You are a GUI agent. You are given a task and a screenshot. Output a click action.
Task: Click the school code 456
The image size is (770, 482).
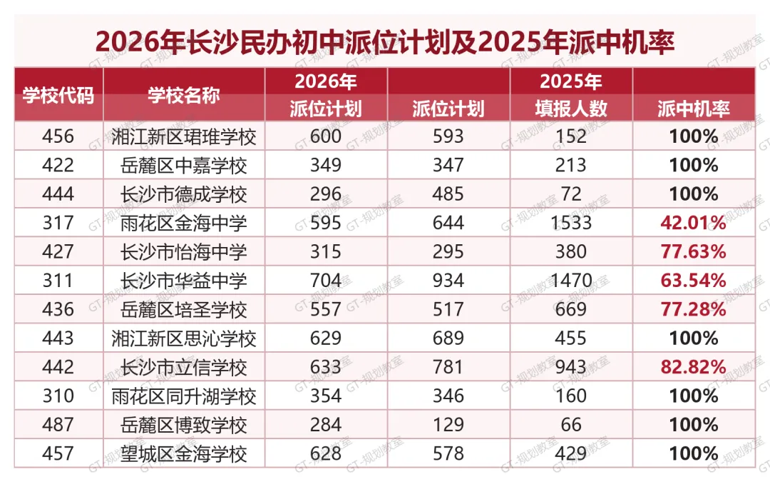(58, 136)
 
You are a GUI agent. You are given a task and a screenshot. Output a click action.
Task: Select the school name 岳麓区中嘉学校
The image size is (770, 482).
(184, 165)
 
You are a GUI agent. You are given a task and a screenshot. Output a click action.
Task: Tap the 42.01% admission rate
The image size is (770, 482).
(693, 223)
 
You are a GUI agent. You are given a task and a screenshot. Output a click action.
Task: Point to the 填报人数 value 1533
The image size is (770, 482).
(570, 223)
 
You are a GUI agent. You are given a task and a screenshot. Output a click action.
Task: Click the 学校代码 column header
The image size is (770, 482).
(58, 95)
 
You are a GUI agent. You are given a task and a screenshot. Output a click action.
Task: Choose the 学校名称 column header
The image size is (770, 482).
(184, 95)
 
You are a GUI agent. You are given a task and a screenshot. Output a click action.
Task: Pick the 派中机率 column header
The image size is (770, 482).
(694, 109)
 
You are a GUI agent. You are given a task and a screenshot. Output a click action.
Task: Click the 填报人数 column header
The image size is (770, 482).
(571, 109)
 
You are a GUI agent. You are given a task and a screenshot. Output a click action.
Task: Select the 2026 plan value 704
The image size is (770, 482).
(326, 281)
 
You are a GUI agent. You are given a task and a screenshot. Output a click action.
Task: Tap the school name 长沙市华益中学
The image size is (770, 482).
(184, 281)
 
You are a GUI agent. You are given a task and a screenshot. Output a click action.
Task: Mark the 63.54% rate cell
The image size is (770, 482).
(693, 281)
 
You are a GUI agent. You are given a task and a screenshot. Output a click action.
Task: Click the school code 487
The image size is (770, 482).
(58, 424)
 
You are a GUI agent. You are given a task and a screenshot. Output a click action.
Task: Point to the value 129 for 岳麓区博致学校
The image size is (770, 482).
(448, 424)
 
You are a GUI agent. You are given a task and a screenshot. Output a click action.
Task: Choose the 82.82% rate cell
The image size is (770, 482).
(693, 367)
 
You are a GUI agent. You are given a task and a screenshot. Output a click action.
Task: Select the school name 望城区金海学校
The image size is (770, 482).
(184, 454)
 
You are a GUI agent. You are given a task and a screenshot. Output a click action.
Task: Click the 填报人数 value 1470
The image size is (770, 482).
(570, 281)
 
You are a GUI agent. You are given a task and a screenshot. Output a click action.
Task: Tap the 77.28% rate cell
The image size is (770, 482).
(693, 309)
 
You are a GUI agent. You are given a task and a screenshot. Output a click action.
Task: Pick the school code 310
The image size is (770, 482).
(58, 396)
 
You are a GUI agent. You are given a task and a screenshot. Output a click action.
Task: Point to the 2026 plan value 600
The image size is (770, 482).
(326, 136)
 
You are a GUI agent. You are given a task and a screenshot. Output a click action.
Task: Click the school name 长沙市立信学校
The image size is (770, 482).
(184, 368)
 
